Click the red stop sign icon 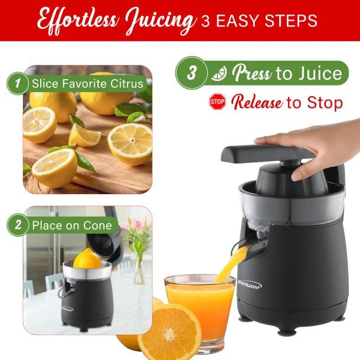pyautogui.click(x=218, y=103)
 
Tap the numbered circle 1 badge pyautogui.click(x=18, y=83)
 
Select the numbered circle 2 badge pyautogui.click(x=18, y=225)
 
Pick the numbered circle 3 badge pyautogui.click(x=192, y=73)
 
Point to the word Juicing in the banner pyautogui.click(x=158, y=21)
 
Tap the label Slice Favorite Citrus pyautogui.click(x=87, y=83)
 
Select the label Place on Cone pyautogui.click(x=71, y=225)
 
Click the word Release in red pyautogui.click(x=256, y=103)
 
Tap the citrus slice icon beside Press pyautogui.click(x=219, y=73)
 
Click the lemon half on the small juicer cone pyautogui.click(x=87, y=258)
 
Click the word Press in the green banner pyautogui.click(x=251, y=73)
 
